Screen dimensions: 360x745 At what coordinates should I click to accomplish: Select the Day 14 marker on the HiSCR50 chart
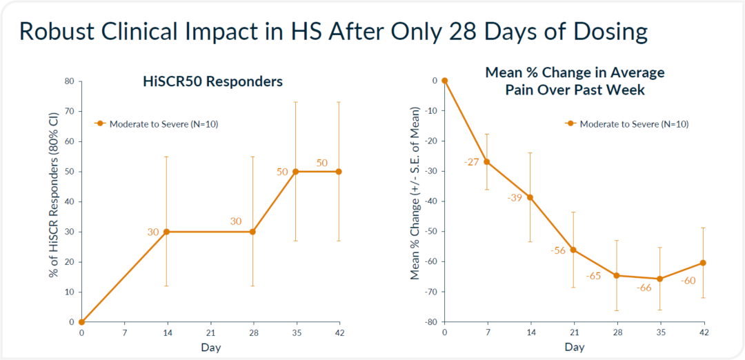pyautogui.click(x=167, y=232)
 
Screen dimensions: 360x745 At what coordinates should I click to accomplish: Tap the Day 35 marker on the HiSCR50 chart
pyautogui.click(x=295, y=172)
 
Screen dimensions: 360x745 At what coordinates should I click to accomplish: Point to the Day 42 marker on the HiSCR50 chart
pyautogui.click(x=338, y=172)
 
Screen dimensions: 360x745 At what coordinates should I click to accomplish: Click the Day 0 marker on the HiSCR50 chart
pyautogui.click(x=81, y=322)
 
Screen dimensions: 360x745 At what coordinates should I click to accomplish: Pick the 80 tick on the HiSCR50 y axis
pyautogui.click(x=69, y=81)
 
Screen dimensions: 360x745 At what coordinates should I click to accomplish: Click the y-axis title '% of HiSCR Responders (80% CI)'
pyautogui.click(x=53, y=202)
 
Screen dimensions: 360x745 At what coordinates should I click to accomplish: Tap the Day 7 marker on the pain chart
pyautogui.click(x=487, y=161)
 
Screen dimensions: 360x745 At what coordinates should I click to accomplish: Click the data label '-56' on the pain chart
pyautogui.click(x=557, y=250)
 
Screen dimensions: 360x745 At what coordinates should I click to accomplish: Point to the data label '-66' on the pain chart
pyautogui.click(x=644, y=288)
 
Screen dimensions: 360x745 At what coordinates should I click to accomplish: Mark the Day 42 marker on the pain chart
pyautogui.click(x=703, y=263)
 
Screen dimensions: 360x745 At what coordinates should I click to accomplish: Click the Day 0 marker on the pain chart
pyautogui.click(x=444, y=81)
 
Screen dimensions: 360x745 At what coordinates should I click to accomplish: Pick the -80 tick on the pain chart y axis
pyautogui.click(x=430, y=322)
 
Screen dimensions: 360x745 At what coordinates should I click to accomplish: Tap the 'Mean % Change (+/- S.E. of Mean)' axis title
pyautogui.click(x=415, y=193)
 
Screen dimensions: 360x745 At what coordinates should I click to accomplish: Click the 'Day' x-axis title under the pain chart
pyautogui.click(x=575, y=348)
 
